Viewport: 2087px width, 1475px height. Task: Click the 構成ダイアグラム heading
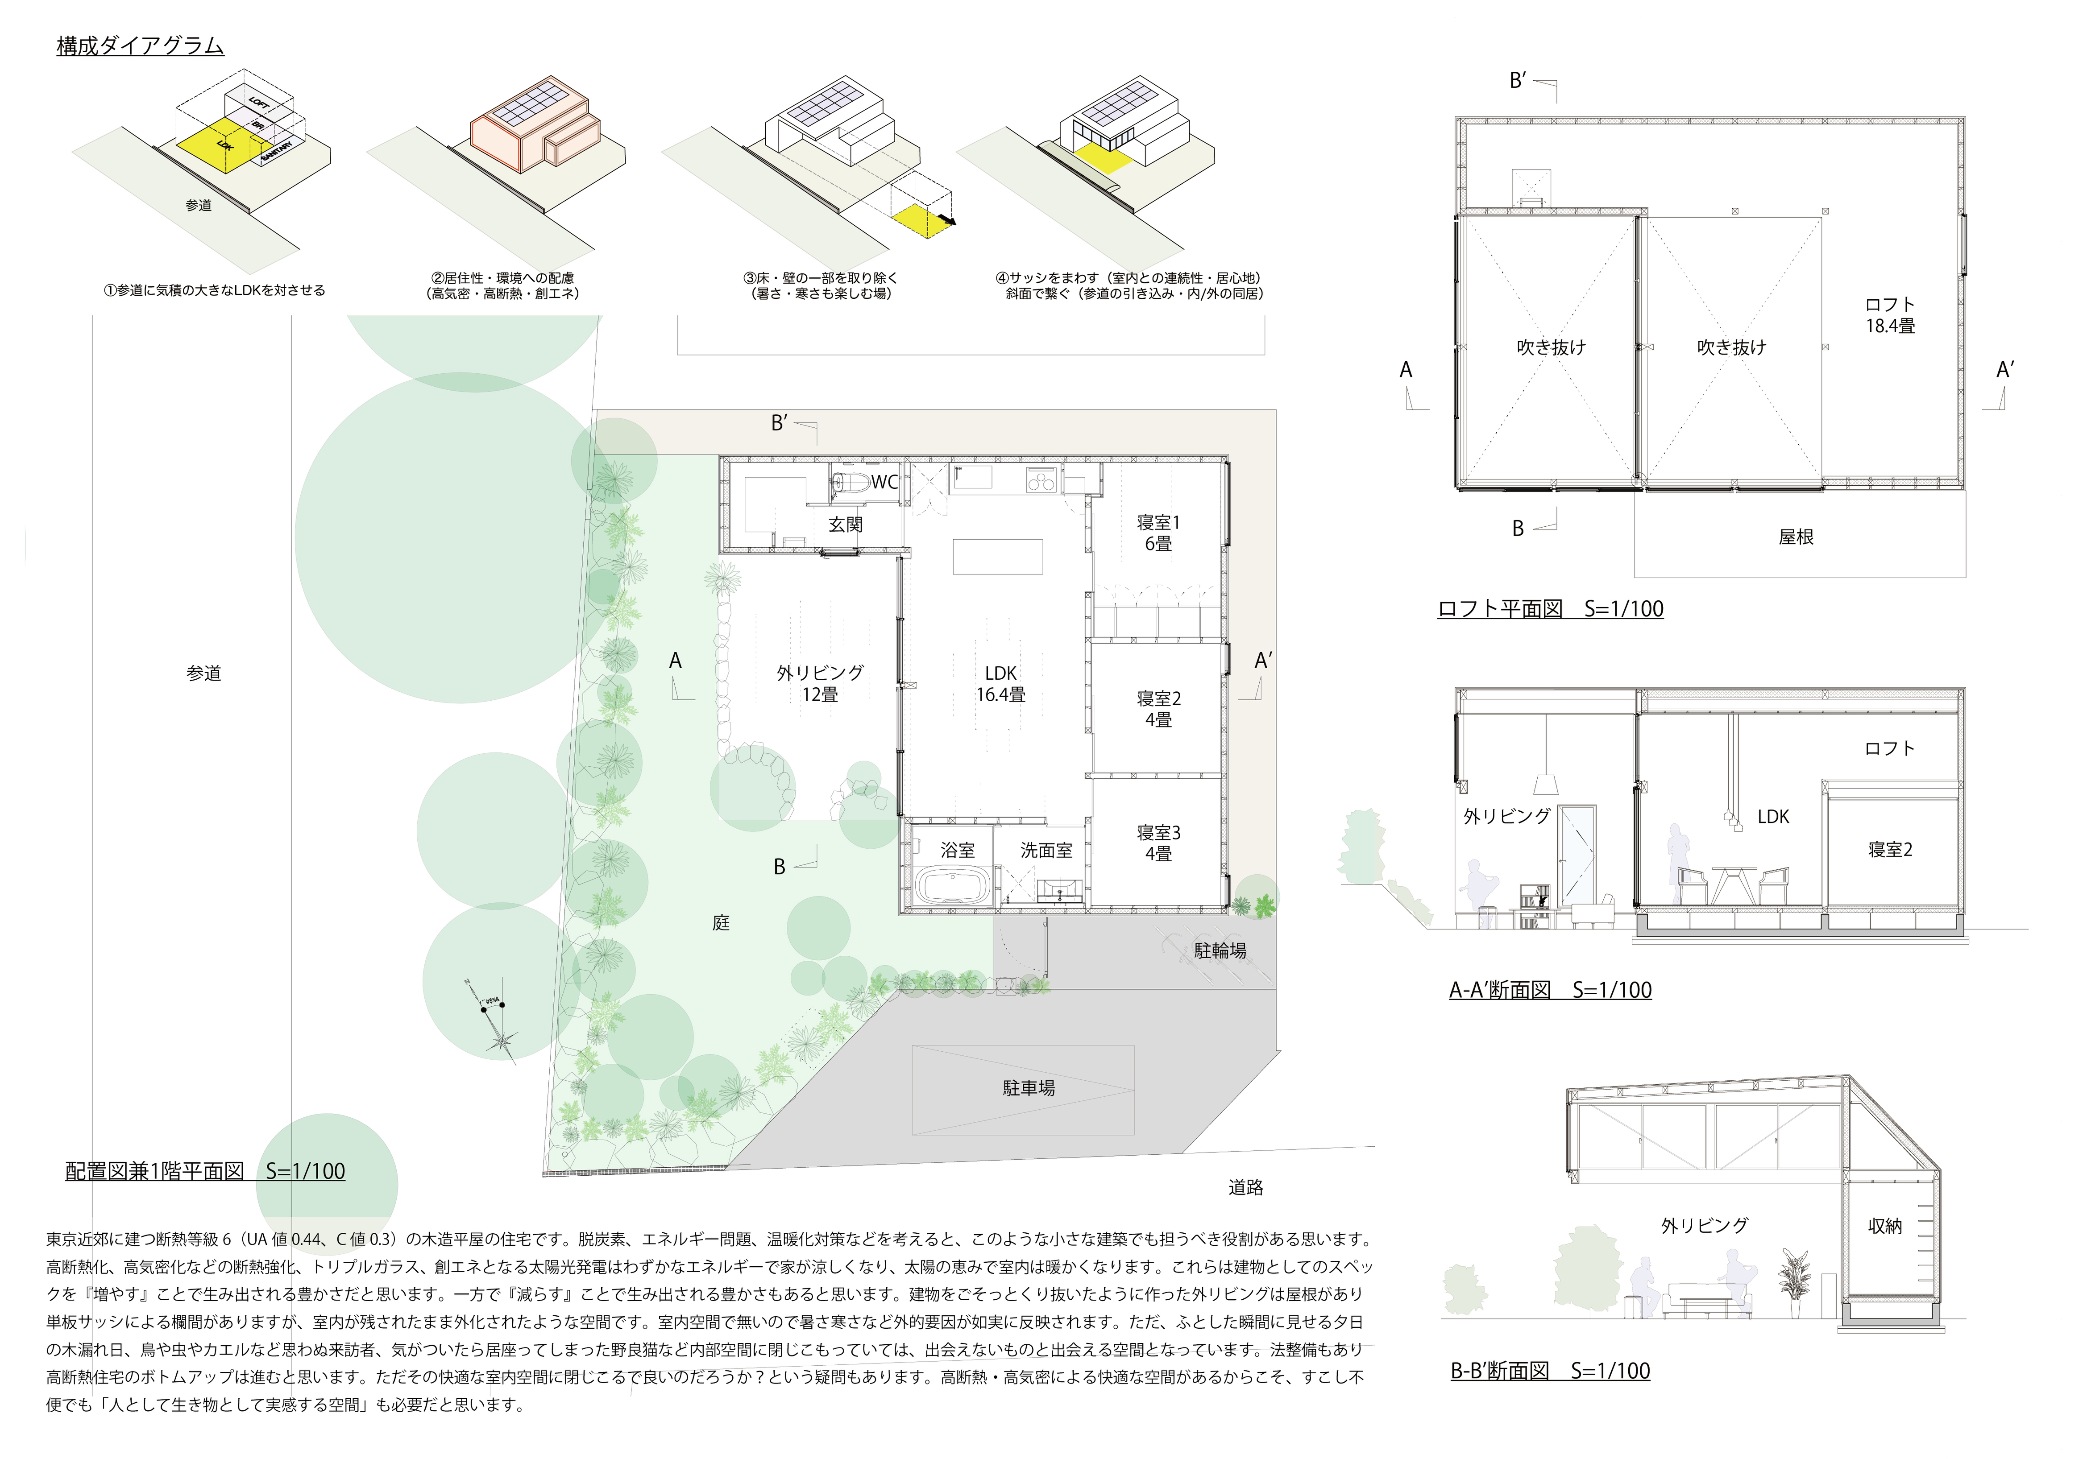(140, 45)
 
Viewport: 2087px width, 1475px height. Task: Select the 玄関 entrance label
(845, 525)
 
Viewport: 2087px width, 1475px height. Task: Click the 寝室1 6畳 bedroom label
(1158, 533)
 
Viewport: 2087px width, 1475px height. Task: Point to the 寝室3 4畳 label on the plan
(1158, 843)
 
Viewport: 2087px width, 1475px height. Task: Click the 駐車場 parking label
(1029, 1088)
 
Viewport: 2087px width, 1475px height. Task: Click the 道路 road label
(1245, 1187)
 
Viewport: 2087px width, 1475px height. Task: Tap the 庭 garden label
(721, 923)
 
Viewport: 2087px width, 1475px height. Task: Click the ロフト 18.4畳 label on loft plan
(1890, 314)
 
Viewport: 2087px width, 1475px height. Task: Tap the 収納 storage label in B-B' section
(1885, 1226)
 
